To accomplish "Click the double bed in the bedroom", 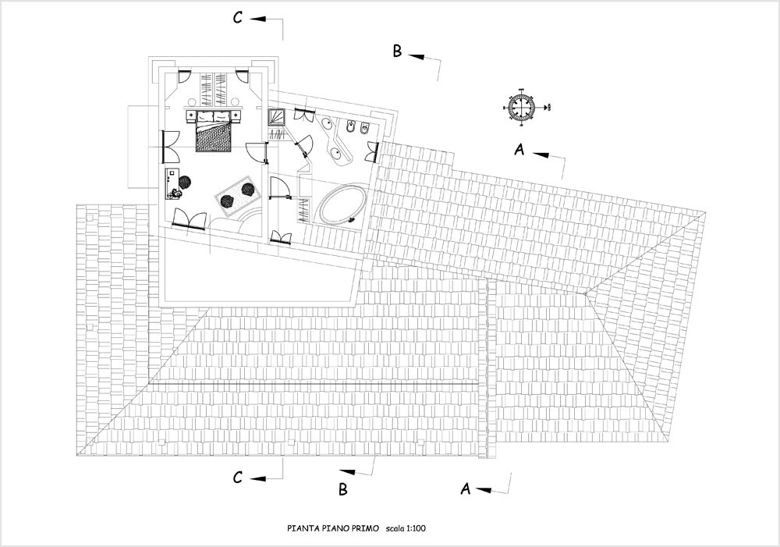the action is point(215,131).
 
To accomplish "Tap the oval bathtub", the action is point(342,204).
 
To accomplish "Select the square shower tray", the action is point(276,117).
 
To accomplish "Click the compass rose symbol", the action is point(521,107).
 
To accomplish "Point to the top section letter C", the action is point(238,18).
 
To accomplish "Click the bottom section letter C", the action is point(238,478).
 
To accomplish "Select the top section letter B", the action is point(397,51).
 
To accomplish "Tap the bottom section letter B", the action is point(342,489).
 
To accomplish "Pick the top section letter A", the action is point(519,149).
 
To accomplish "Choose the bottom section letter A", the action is point(465,488).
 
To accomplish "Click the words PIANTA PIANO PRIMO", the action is point(333,528).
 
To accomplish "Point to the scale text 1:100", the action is point(416,528).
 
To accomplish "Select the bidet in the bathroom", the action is point(351,127).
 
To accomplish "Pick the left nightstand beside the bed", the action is point(191,116).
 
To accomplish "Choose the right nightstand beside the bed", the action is point(236,116).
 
